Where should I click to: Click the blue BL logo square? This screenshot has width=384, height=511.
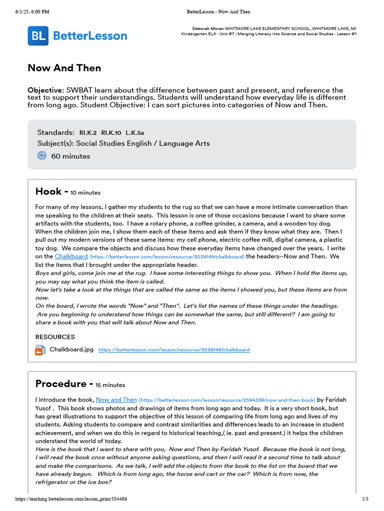click(x=38, y=36)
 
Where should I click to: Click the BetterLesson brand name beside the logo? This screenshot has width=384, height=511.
click(x=90, y=36)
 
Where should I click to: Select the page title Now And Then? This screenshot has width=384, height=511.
click(x=64, y=68)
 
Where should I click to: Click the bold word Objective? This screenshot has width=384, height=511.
click(x=45, y=90)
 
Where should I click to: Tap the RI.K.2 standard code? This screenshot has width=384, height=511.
click(x=88, y=133)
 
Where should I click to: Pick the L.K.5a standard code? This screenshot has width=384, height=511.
click(x=135, y=133)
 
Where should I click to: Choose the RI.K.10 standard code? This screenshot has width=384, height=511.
click(x=111, y=133)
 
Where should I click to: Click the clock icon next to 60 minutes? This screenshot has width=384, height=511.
click(x=41, y=156)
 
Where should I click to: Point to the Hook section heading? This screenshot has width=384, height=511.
click(x=48, y=192)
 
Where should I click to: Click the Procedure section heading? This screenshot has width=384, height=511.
click(x=60, y=384)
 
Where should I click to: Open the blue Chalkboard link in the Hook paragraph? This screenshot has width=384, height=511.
click(x=71, y=256)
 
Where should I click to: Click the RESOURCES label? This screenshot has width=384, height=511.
click(x=55, y=337)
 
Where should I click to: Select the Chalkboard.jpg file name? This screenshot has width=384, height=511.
click(x=71, y=350)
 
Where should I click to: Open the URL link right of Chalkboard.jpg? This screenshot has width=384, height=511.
click(x=174, y=350)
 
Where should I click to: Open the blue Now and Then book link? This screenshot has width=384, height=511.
click(x=116, y=400)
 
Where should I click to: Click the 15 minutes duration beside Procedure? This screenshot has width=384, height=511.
click(x=110, y=385)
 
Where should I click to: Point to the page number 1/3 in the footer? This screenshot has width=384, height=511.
click(x=365, y=499)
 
